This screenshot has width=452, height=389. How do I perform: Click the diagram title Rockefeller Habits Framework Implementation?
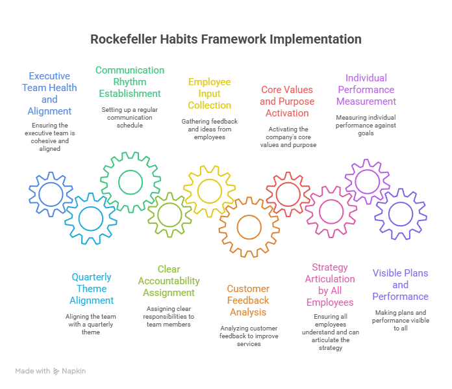[x=225, y=39]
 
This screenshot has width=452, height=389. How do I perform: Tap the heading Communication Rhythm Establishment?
[x=130, y=81]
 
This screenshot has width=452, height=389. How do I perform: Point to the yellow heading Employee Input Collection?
[x=209, y=93]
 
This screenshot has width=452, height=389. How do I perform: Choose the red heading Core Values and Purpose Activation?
[x=286, y=101]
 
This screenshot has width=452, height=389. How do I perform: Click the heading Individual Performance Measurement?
[x=366, y=89]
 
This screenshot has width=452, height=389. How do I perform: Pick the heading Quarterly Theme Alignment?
[x=92, y=289]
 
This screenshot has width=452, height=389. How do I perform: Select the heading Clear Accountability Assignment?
[x=168, y=280]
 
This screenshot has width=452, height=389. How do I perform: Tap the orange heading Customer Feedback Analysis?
[x=247, y=300]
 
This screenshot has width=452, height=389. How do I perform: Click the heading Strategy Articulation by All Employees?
[x=330, y=285]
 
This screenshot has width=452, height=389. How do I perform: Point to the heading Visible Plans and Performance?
[x=400, y=285]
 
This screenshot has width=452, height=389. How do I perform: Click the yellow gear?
[x=208, y=191]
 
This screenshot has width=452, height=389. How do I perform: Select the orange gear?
[x=248, y=226]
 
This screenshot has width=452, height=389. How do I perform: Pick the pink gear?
[x=331, y=211]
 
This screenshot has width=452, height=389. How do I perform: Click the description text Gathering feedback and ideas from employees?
[x=209, y=129]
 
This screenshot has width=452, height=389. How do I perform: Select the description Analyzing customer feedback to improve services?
[x=247, y=335]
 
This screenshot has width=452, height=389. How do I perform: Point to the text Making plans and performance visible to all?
[x=400, y=320]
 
